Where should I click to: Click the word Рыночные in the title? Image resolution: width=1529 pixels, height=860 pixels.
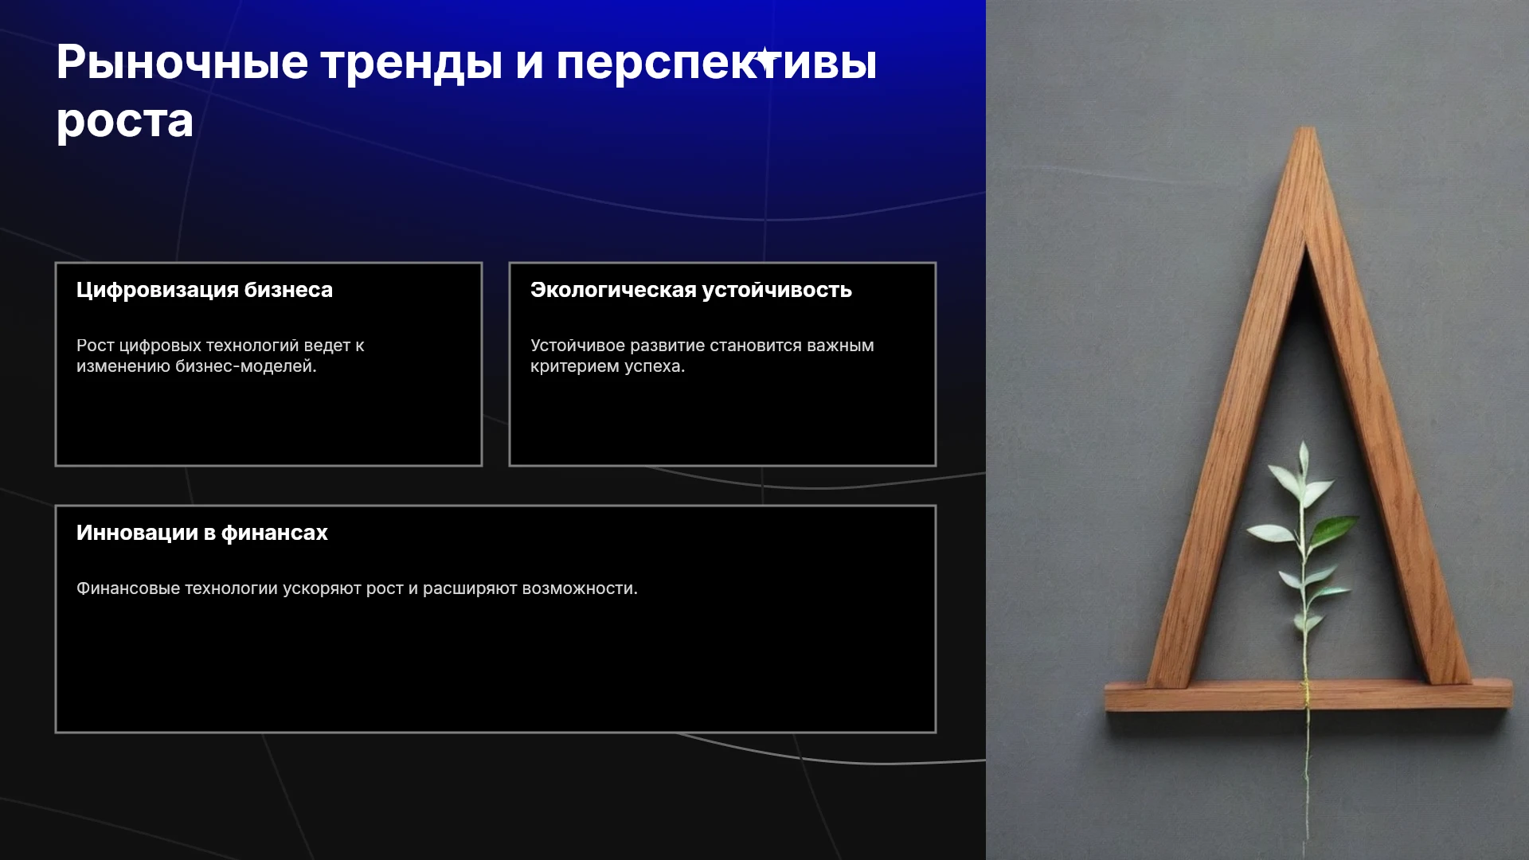pos(182,62)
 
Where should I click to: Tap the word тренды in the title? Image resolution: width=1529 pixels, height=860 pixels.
pos(412,64)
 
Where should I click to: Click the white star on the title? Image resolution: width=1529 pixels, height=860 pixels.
pos(766,60)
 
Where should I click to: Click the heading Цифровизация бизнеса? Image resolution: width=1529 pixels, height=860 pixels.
pos(205,290)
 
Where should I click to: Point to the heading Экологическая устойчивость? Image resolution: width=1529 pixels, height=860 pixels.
pos(691,290)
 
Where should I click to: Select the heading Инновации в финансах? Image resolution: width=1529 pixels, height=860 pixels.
pos(202,533)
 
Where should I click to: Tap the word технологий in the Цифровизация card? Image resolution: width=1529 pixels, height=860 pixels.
pos(252,346)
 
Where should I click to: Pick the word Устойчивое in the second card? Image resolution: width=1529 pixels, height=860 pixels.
pos(577,346)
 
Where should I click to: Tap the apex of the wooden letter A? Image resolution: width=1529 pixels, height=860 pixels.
pos(1305,129)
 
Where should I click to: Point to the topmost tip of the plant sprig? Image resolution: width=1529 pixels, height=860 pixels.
pos(1303,443)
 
